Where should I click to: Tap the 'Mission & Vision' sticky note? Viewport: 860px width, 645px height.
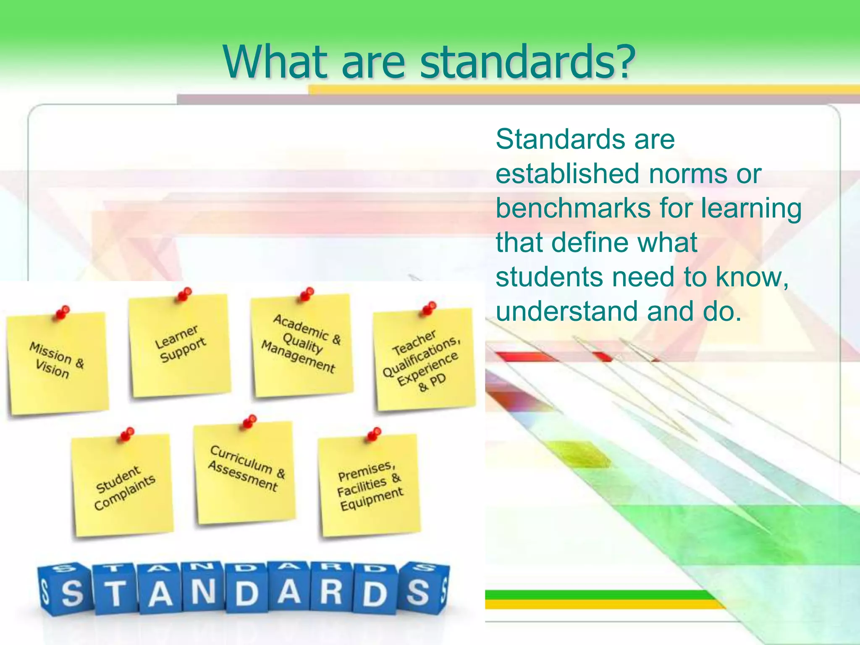pyautogui.click(x=57, y=363)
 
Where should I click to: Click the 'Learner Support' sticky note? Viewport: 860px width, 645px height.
pyautogui.click(x=180, y=346)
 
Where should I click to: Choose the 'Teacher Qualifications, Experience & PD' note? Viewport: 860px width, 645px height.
pyautogui.click(x=424, y=359)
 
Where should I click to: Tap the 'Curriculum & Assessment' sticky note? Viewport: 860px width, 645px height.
pyautogui.click(x=245, y=472)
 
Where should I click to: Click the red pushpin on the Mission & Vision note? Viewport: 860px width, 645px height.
pyautogui.click(x=63, y=312)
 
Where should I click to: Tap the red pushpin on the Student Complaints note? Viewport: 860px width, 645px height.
pyautogui.click(x=127, y=434)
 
